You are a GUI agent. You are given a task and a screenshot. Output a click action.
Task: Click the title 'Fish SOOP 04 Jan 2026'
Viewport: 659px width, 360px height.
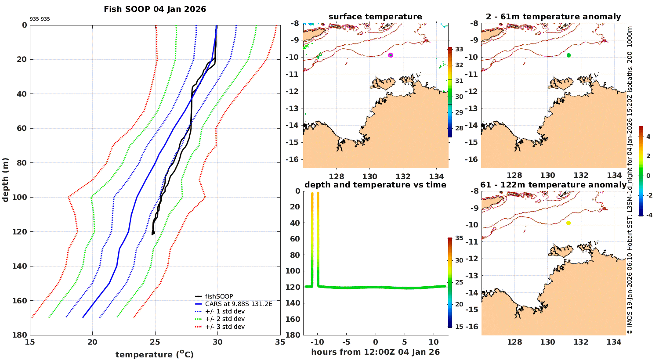click(155, 9)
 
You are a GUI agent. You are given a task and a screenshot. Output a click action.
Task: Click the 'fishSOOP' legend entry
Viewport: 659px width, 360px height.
click(219, 296)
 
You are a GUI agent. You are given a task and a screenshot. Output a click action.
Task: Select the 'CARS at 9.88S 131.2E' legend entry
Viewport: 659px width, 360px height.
click(239, 304)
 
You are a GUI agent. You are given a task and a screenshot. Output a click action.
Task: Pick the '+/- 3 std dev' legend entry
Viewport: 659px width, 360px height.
click(224, 327)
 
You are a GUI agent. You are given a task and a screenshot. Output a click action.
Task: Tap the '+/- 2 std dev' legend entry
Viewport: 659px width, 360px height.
click(224, 319)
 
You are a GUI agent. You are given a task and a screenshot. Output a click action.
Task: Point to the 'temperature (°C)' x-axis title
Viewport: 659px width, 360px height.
click(155, 354)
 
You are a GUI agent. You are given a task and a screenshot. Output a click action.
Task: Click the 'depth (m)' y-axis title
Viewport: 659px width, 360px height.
click(6, 180)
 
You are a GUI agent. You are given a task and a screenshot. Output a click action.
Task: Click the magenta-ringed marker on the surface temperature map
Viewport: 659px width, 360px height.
click(391, 55)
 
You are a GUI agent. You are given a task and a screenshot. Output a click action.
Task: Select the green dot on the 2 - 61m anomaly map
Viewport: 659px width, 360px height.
click(568, 55)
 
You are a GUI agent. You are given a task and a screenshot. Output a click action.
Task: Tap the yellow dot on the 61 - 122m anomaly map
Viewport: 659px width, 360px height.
click(568, 223)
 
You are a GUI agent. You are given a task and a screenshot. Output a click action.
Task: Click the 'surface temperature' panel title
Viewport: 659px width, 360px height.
click(375, 17)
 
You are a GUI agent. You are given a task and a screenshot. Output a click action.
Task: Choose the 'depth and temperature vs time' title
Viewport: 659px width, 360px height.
click(375, 185)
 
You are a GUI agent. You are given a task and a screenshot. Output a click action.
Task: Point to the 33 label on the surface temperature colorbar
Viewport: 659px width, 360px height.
click(459, 49)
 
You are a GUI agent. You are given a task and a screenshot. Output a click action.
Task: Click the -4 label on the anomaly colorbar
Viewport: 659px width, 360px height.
click(648, 215)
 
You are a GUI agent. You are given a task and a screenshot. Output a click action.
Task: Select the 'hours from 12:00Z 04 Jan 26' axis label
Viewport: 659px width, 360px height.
click(375, 352)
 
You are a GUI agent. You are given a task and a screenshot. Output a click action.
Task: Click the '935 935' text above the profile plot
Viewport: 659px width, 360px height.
click(40, 19)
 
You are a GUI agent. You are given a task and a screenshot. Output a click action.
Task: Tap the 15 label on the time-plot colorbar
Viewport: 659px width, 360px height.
click(459, 327)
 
